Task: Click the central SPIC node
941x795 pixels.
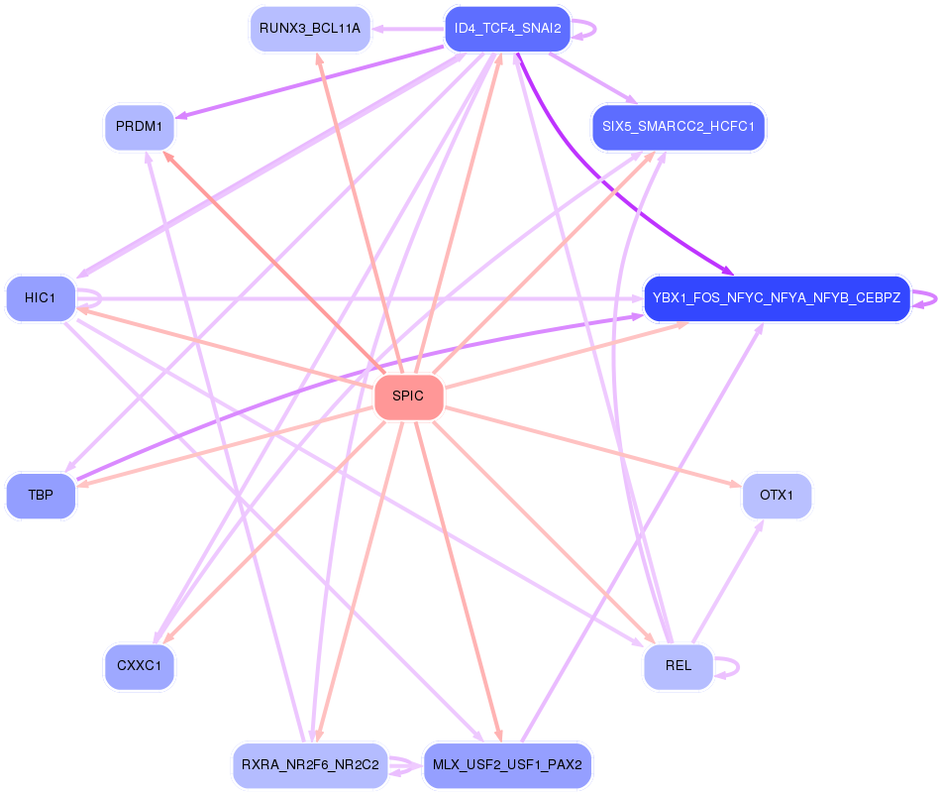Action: (408, 397)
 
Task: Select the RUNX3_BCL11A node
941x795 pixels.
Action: (310, 29)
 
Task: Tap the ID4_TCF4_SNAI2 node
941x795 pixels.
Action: (507, 29)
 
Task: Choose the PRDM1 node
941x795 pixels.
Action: (140, 127)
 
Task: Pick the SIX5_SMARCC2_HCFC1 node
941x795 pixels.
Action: (679, 127)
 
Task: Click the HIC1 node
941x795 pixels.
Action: (41, 298)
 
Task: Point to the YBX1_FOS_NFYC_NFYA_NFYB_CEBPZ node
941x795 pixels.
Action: (777, 298)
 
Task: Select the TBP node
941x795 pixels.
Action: (41, 495)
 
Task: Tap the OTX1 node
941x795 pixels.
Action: (777, 495)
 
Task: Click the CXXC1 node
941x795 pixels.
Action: (140, 666)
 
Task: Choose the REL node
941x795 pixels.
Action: (679, 666)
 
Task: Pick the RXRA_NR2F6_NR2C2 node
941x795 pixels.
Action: (310, 765)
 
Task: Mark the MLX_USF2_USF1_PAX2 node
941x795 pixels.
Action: (507, 765)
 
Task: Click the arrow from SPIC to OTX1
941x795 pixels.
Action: (594, 446)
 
